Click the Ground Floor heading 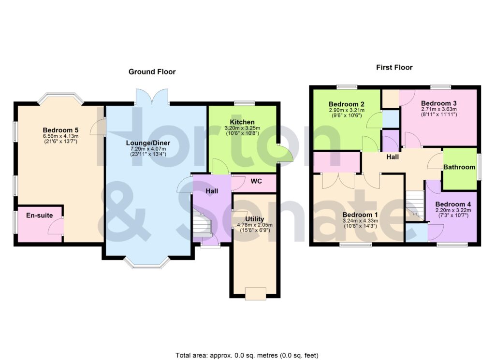click(152, 72)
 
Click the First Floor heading click(394, 68)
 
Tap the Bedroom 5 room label click(60, 130)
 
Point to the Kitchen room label click(242, 122)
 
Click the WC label click(256, 183)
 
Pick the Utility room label click(251, 219)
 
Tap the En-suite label click(40, 216)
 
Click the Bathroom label click(460, 167)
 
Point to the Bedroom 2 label click(347, 104)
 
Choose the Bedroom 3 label click(438, 103)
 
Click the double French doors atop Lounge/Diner click(152, 97)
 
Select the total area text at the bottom click(247, 355)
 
